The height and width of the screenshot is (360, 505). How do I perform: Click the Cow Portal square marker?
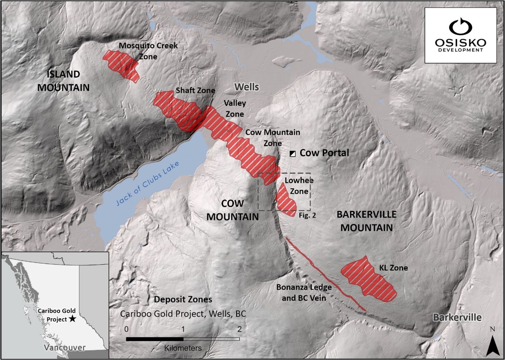click(293, 153)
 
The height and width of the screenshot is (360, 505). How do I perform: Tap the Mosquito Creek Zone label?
click(148, 51)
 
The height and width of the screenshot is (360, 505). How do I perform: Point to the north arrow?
click(492, 341)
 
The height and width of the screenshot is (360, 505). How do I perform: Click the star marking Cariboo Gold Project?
click(72, 319)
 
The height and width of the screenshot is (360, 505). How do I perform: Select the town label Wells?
click(246, 87)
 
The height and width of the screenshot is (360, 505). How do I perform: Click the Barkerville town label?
click(457, 317)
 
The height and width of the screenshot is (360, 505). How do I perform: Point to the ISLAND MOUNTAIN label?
click(64, 81)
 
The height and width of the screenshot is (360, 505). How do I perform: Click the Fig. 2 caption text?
click(307, 215)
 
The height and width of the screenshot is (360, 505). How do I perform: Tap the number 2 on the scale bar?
click(239, 329)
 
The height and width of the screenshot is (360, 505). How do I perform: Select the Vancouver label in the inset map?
click(64, 348)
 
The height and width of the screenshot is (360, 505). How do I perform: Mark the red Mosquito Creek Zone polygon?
click(120, 65)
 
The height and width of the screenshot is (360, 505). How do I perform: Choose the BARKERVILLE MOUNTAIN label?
click(366, 220)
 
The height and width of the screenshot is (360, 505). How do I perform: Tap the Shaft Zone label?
click(195, 90)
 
